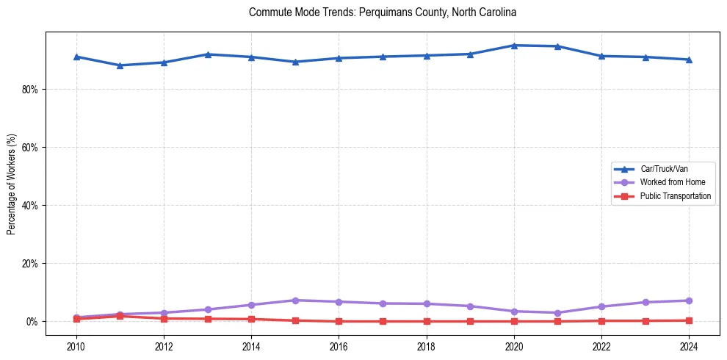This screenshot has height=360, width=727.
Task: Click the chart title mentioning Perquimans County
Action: [x=383, y=12]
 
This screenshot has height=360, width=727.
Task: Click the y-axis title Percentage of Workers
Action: [x=11, y=184]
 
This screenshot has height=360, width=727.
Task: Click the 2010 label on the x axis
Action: [x=76, y=346]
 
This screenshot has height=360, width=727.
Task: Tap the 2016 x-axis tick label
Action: [x=339, y=346]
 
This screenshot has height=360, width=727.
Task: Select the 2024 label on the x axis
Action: [x=689, y=346]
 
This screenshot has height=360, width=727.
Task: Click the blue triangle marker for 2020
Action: [x=514, y=46]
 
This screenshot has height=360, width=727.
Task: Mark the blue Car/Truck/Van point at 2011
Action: [x=120, y=65]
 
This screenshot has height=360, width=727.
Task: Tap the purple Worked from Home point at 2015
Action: [x=295, y=300]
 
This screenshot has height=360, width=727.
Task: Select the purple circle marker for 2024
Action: [x=689, y=300]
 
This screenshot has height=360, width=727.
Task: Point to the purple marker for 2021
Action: [x=557, y=313]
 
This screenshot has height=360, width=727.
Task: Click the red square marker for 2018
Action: [x=427, y=321]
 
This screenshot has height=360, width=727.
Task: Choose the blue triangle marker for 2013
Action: [x=208, y=54]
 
